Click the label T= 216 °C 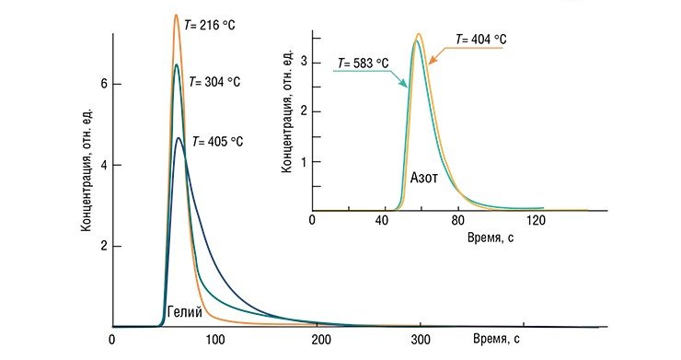[x=209, y=25]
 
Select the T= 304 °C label [x=214, y=82]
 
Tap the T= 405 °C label [x=217, y=141]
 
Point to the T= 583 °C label [x=364, y=64]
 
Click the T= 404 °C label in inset [x=480, y=39]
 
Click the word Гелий [x=185, y=312]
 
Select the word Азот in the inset [x=424, y=178]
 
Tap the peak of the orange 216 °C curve [x=177, y=15]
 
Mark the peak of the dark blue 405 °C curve [x=179, y=138]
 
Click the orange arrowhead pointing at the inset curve [x=433, y=61]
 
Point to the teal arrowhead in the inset [x=405, y=84]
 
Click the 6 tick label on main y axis [x=104, y=84]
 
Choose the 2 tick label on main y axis [x=104, y=246]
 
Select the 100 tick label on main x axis [x=215, y=340]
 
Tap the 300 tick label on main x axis [x=421, y=340]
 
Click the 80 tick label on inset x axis [x=457, y=220]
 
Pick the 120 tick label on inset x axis [x=536, y=220]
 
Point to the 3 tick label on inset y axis [x=304, y=62]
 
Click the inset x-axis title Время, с [x=491, y=238]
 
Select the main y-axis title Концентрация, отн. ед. [x=87, y=168]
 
